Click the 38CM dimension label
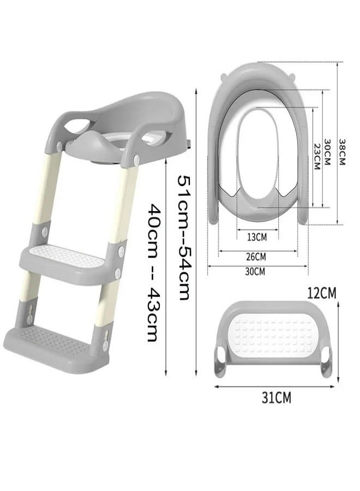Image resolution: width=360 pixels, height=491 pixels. [341, 152]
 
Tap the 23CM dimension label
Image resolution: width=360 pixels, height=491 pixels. [317, 157]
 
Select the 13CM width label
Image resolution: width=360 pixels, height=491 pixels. [257, 237]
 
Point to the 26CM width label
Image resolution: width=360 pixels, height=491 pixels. [256, 257]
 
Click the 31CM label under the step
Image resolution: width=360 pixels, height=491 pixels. [277, 398]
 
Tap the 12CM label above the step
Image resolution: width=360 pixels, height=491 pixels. [321, 293]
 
